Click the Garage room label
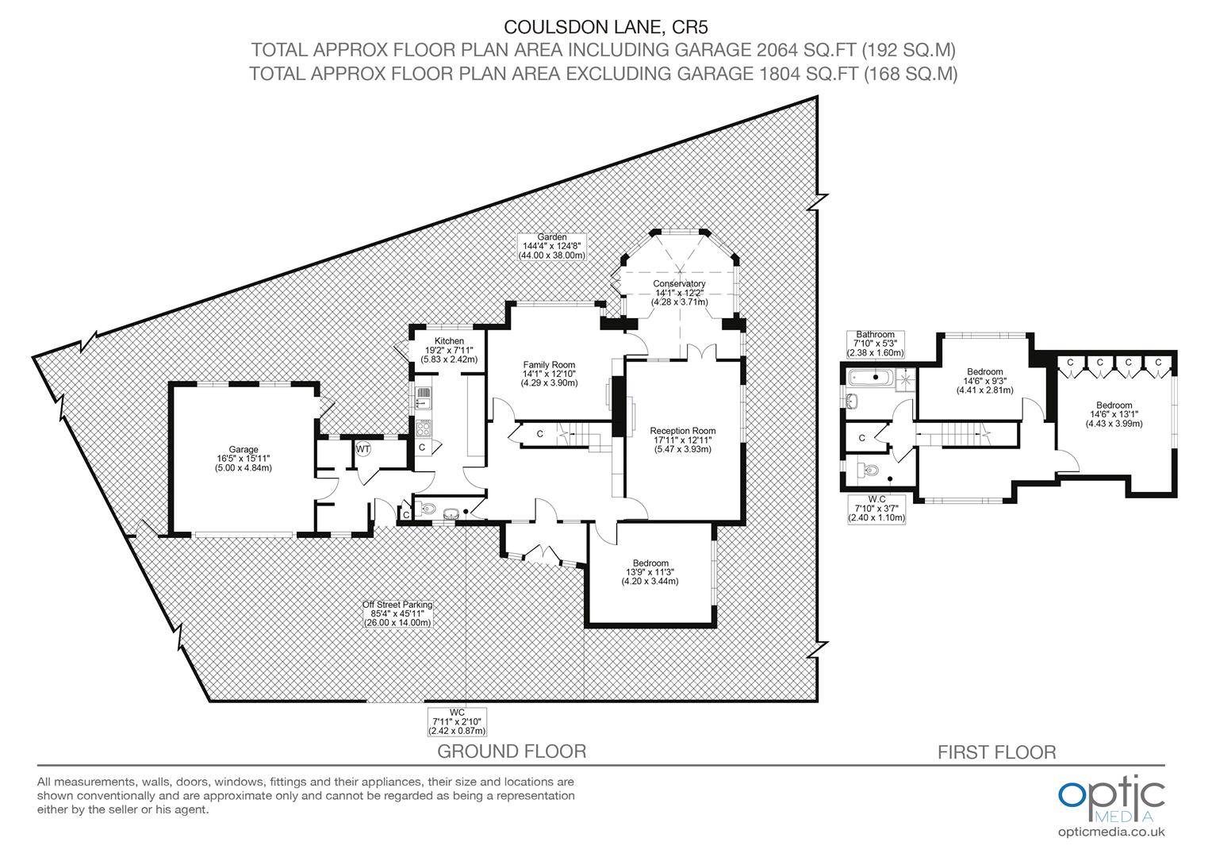(243, 459)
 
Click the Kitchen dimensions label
(449, 350)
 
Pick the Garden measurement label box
(551, 247)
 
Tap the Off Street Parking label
(397, 613)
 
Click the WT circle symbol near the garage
(362, 449)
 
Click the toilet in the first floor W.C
(867, 471)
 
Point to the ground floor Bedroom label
(650, 572)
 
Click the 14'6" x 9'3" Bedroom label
(985, 381)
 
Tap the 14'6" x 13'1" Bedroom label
(1114, 414)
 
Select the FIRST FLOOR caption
(996, 752)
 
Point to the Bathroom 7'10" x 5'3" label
(875, 344)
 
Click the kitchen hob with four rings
(424, 428)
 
